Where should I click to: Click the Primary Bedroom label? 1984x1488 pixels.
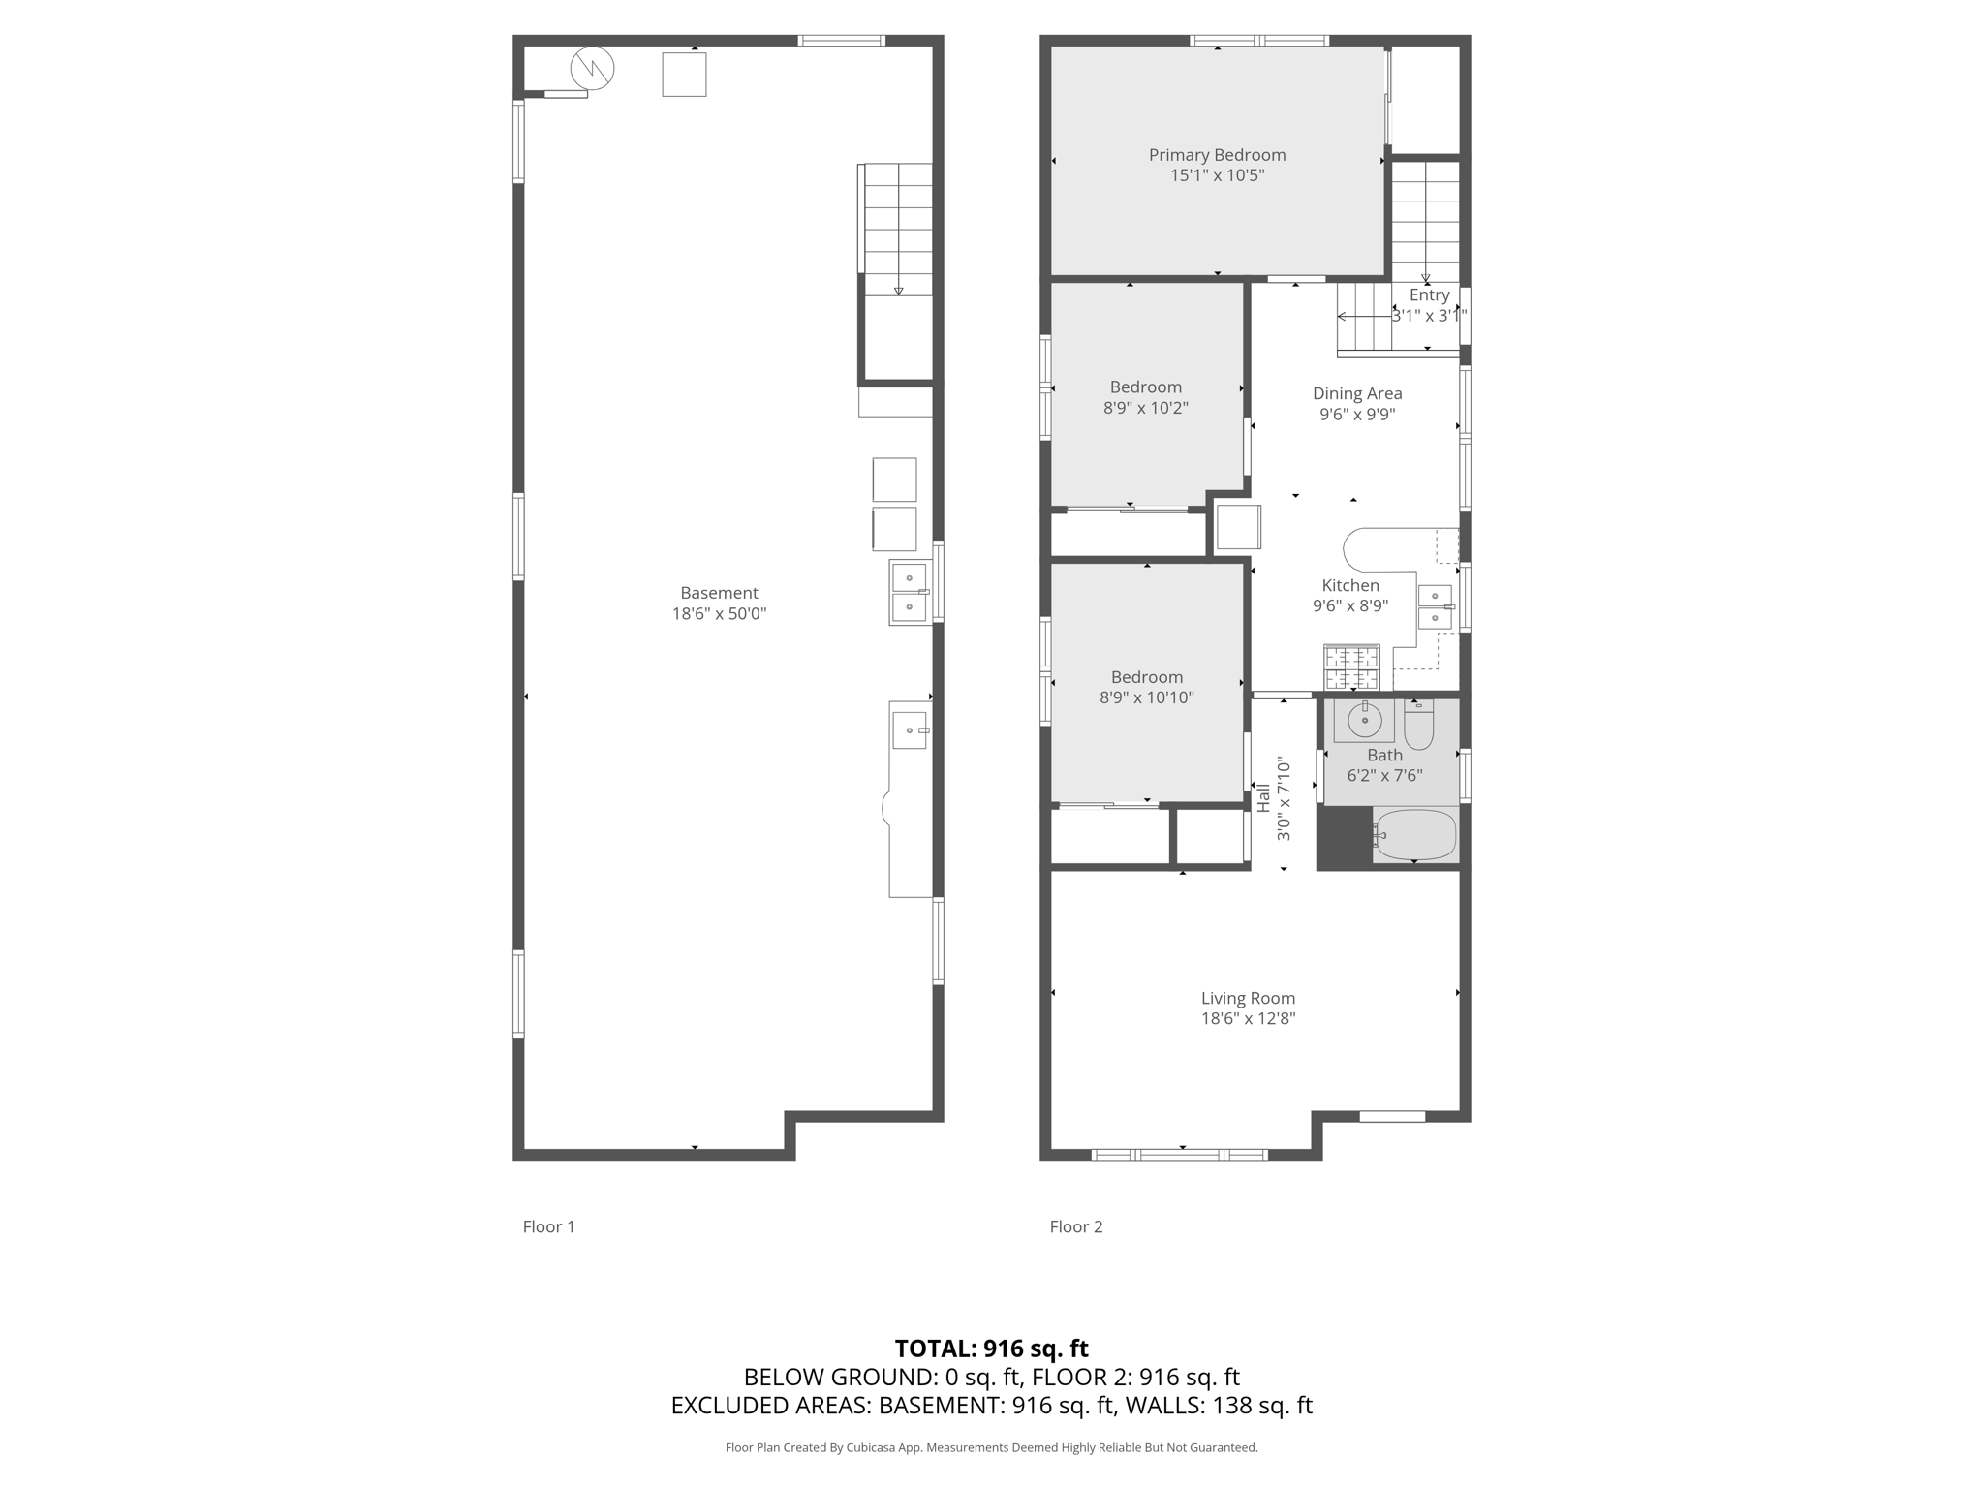[x=1217, y=155]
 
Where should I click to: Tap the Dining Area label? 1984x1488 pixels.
[x=1357, y=393]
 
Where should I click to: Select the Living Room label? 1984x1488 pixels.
[x=1248, y=998]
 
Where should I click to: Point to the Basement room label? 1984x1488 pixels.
[x=719, y=593]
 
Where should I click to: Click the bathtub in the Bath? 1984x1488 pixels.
[x=1415, y=834]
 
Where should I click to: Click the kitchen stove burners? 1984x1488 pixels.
[x=1351, y=667]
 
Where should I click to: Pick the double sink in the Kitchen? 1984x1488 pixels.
[x=1435, y=606]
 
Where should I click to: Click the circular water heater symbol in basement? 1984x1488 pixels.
[x=592, y=68]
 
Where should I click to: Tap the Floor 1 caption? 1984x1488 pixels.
[x=548, y=1226]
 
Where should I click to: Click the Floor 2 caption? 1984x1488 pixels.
[x=1076, y=1226]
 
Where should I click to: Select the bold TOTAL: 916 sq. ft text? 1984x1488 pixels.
[x=991, y=1348]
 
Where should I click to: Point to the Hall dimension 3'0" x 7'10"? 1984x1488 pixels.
[x=1285, y=799]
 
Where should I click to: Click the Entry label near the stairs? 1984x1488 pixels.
[x=1430, y=295]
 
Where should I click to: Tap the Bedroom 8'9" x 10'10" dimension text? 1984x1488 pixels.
[x=1147, y=697]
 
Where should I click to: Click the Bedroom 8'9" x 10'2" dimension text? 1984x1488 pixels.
[x=1146, y=408]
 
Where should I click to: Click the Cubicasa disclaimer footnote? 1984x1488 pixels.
[x=991, y=1447]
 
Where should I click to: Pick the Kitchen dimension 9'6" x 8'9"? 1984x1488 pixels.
[x=1350, y=606]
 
